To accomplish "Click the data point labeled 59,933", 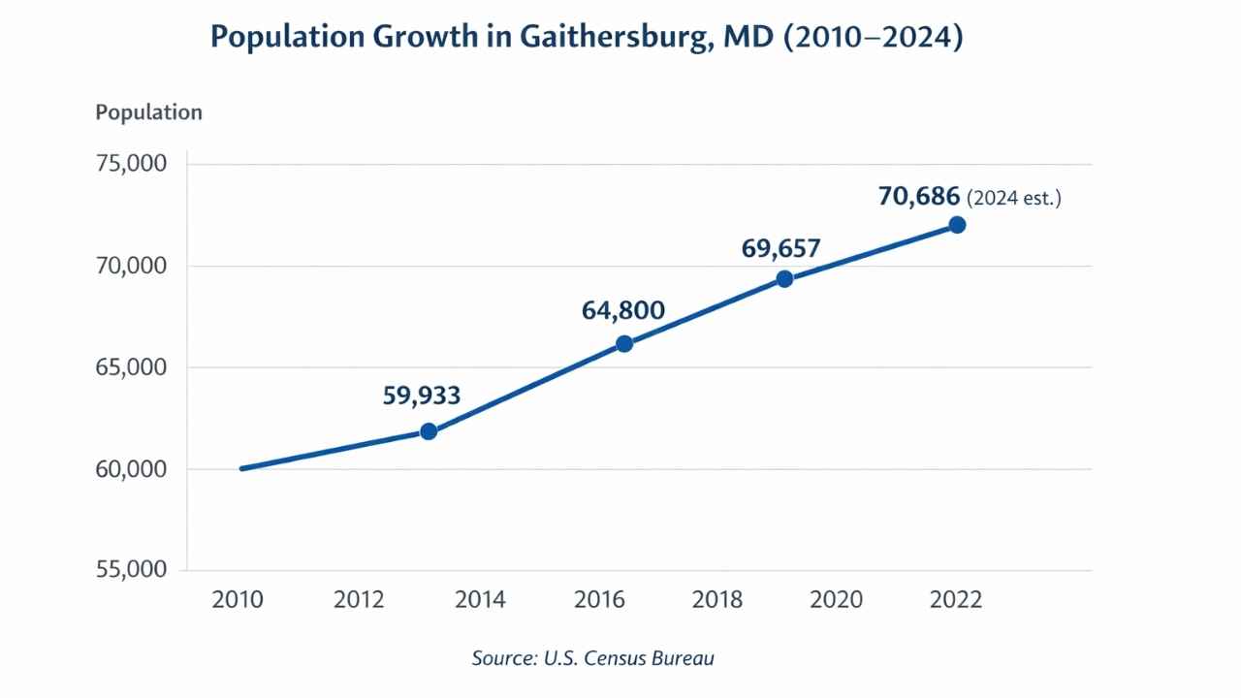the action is click(x=429, y=431).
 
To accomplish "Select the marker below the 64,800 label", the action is click(x=624, y=344).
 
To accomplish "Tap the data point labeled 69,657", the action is click(x=784, y=279).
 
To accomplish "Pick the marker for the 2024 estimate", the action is click(x=957, y=225).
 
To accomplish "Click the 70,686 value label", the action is click(x=919, y=197).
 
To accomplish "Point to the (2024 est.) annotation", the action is click(x=1014, y=199).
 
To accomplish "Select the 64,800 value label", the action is click(x=623, y=311).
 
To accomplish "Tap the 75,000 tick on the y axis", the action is click(x=131, y=164).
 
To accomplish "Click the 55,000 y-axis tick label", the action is click(x=131, y=569).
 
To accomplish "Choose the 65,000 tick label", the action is click(x=131, y=367).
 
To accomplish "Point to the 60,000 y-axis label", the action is click(x=131, y=469).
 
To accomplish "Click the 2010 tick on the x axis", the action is click(x=238, y=600).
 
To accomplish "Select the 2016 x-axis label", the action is click(x=599, y=600).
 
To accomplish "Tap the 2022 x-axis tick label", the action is click(x=956, y=600).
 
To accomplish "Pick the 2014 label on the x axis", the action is click(x=480, y=600).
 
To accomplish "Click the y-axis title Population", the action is click(x=149, y=112).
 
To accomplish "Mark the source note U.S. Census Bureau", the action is click(x=629, y=658).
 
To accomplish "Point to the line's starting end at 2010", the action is click(x=242, y=468).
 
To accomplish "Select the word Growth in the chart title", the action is click(x=426, y=37).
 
